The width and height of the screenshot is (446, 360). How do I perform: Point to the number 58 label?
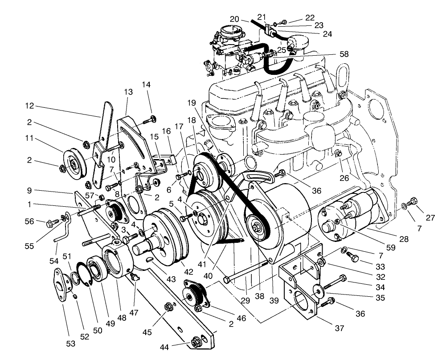(344, 54)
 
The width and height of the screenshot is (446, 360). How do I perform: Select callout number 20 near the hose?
(235, 19)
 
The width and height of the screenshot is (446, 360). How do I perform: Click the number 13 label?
(128, 92)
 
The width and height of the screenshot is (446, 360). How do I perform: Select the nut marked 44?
(196, 342)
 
